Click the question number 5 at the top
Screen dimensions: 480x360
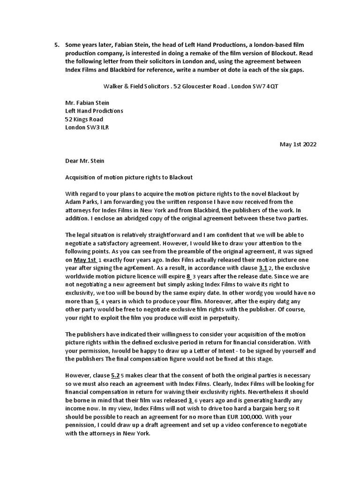[x=56, y=45]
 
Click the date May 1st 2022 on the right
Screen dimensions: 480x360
[x=298, y=144]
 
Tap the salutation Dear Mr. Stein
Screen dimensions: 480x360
[x=85, y=161]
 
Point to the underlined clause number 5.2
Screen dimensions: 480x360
[x=115, y=375]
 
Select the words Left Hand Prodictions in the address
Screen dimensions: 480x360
[x=94, y=111]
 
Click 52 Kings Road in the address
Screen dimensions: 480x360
[x=84, y=119]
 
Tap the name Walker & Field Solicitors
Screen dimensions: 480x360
[x=132, y=87]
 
